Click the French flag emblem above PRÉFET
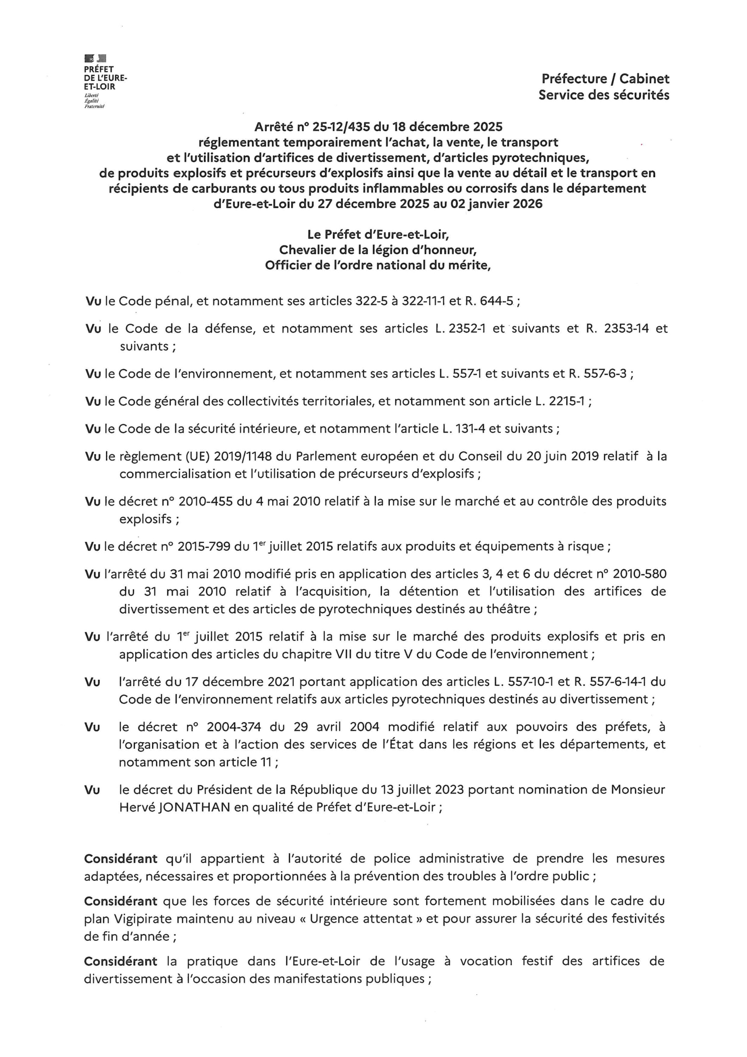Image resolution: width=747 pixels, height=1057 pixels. [x=95, y=58]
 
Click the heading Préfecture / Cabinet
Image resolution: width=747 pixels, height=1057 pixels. [x=605, y=79]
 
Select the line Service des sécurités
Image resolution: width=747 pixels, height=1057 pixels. [x=604, y=95]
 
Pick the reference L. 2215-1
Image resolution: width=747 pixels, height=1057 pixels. [x=560, y=401]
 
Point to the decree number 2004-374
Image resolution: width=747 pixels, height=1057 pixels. [x=234, y=727]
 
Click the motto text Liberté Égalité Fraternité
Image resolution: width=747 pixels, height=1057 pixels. [x=94, y=101]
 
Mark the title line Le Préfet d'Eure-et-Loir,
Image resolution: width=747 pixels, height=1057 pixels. [x=378, y=235]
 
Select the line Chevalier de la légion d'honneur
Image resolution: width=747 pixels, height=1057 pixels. [x=378, y=250]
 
